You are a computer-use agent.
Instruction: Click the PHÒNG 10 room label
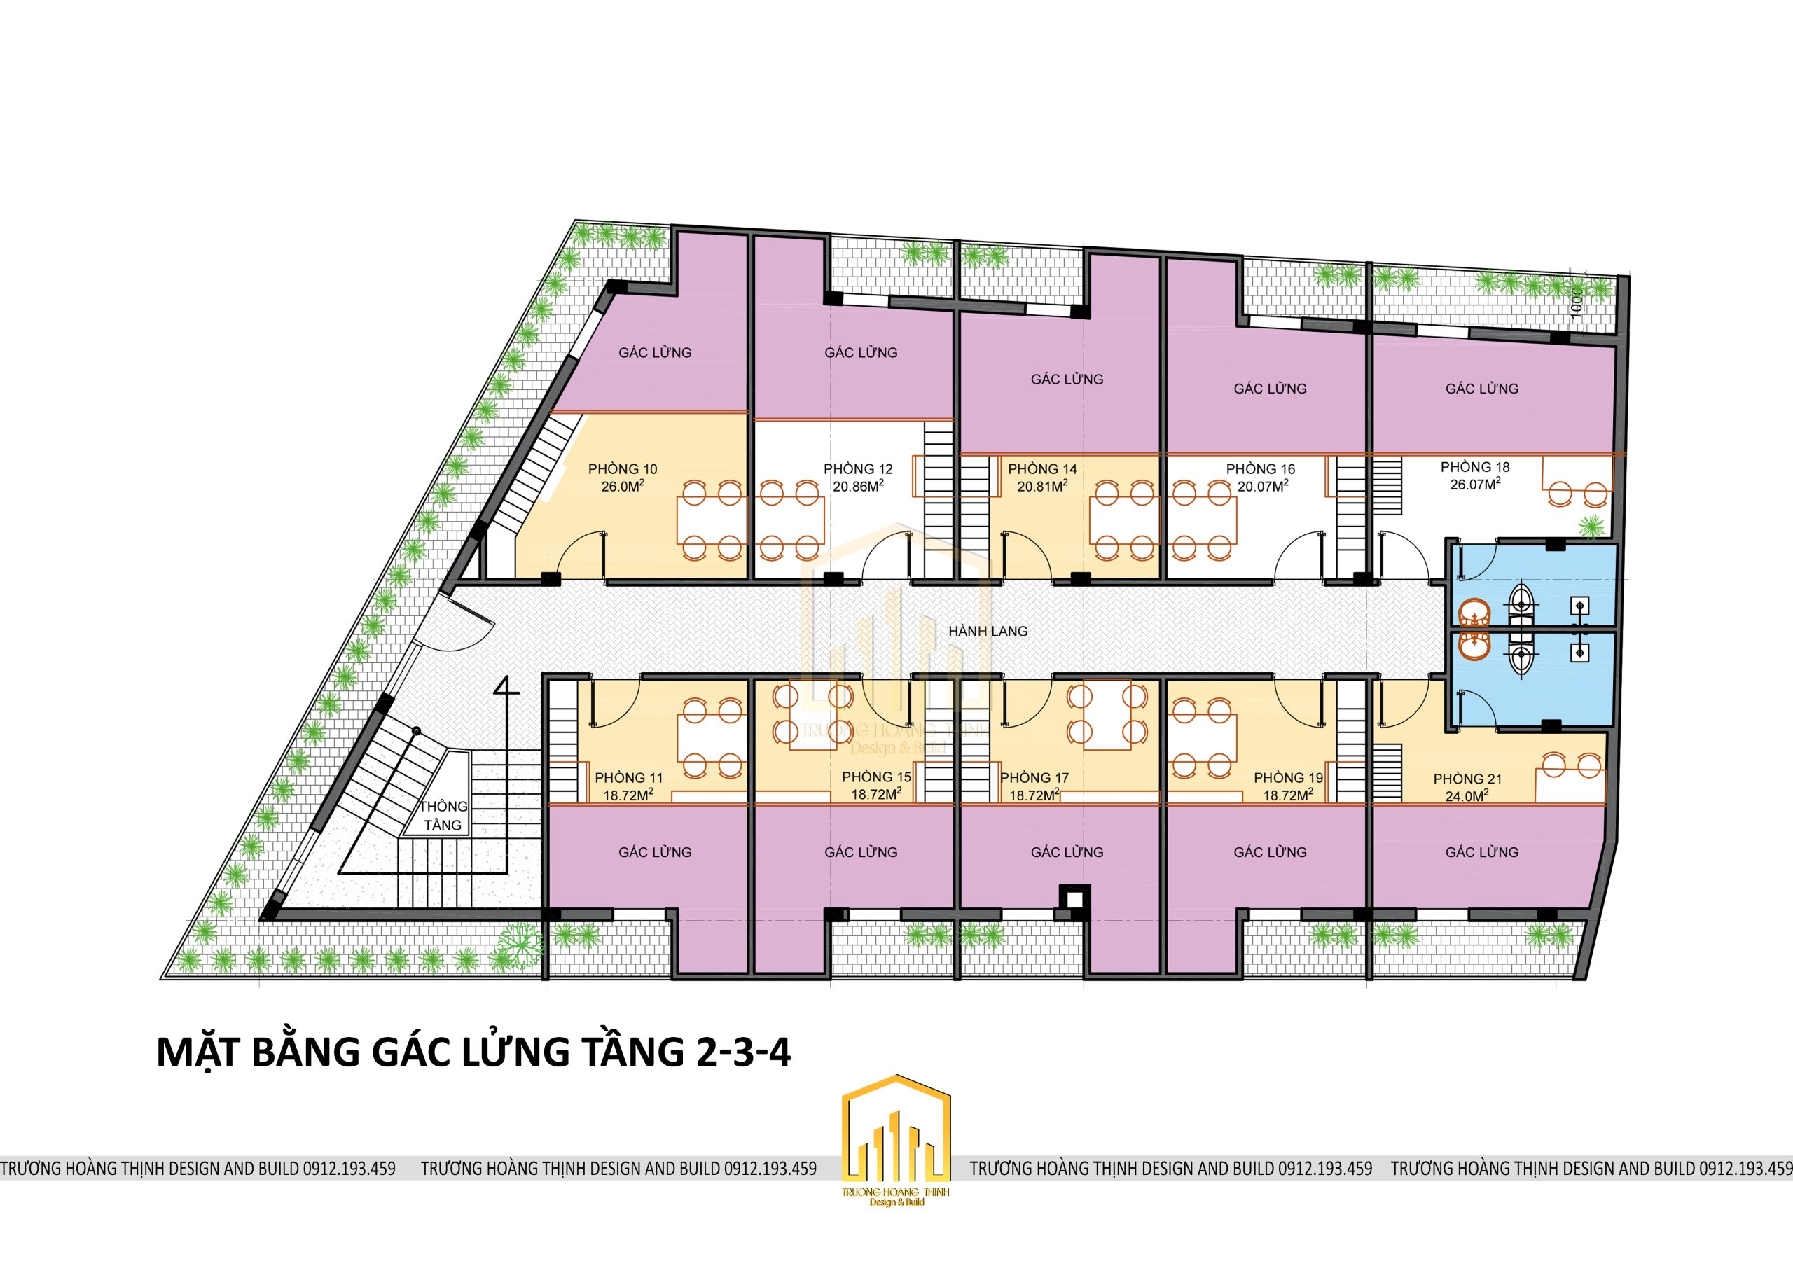coord(622,469)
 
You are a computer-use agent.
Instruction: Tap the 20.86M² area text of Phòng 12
coord(858,487)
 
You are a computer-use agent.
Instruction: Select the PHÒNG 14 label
coord(1042,469)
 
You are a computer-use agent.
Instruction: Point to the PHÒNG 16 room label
coord(1261,469)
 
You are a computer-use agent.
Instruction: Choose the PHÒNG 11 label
coord(629,778)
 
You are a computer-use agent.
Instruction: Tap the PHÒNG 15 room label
coord(876,777)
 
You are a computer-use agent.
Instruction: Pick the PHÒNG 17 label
coord(1034,778)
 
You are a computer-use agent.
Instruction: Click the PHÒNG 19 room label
coord(1289,778)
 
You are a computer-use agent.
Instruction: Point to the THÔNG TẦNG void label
coord(443,816)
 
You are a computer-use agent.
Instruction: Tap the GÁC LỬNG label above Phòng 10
coord(655,352)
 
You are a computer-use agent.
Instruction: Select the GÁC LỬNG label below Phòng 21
coord(1482,852)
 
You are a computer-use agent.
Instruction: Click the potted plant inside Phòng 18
coord(1591,526)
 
